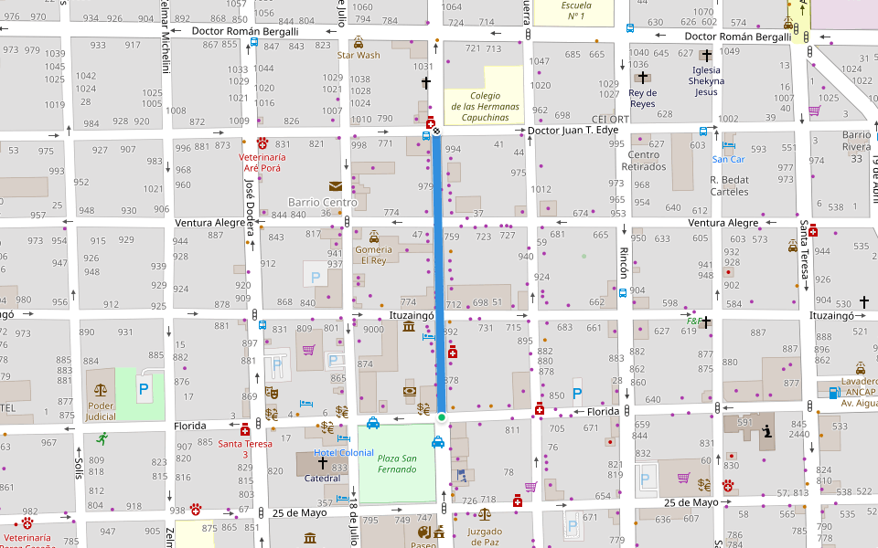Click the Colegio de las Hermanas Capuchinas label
[484, 106]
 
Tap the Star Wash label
[358, 55]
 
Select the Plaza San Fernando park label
[397, 464]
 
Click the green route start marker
[441, 417]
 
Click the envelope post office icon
[336, 186]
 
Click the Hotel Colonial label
[343, 453]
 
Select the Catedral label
[322, 477]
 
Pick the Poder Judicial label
[100, 411]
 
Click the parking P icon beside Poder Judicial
[144, 389]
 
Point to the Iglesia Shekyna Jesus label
[706, 80]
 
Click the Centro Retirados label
[643, 161]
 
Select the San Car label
[729, 159]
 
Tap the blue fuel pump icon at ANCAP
[833, 393]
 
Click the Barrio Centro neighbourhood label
[322, 202]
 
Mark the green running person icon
[101, 438]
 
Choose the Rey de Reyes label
[643, 99]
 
